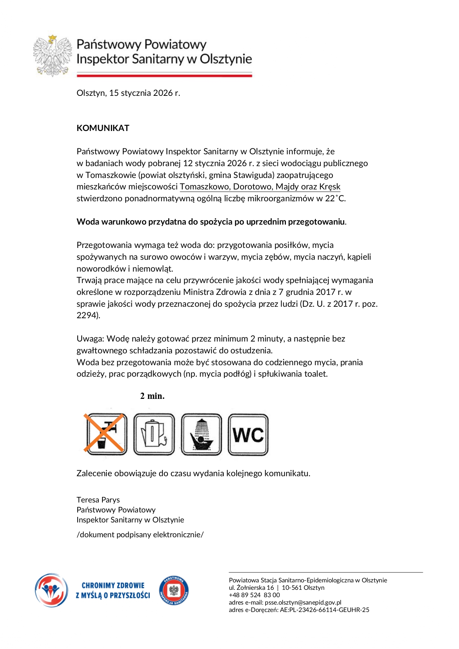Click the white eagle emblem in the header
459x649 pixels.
tap(52, 56)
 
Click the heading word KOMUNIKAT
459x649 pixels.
tap(103, 128)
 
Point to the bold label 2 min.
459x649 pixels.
tap(152, 396)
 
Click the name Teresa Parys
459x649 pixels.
tap(98, 500)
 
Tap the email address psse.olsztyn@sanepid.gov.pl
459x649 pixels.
tap(303, 602)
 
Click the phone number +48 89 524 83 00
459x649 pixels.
tap(254, 595)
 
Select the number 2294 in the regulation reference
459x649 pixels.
tap(87, 315)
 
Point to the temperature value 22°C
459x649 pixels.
tap(335, 198)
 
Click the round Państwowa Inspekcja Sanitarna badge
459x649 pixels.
tap(174, 591)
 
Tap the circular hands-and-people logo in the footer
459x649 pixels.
tap(51, 590)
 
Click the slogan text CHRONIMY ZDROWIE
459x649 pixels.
tap(113, 586)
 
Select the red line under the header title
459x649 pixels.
tap(164, 75)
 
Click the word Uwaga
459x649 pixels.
tap(90, 339)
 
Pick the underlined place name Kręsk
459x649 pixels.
tap(330, 186)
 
